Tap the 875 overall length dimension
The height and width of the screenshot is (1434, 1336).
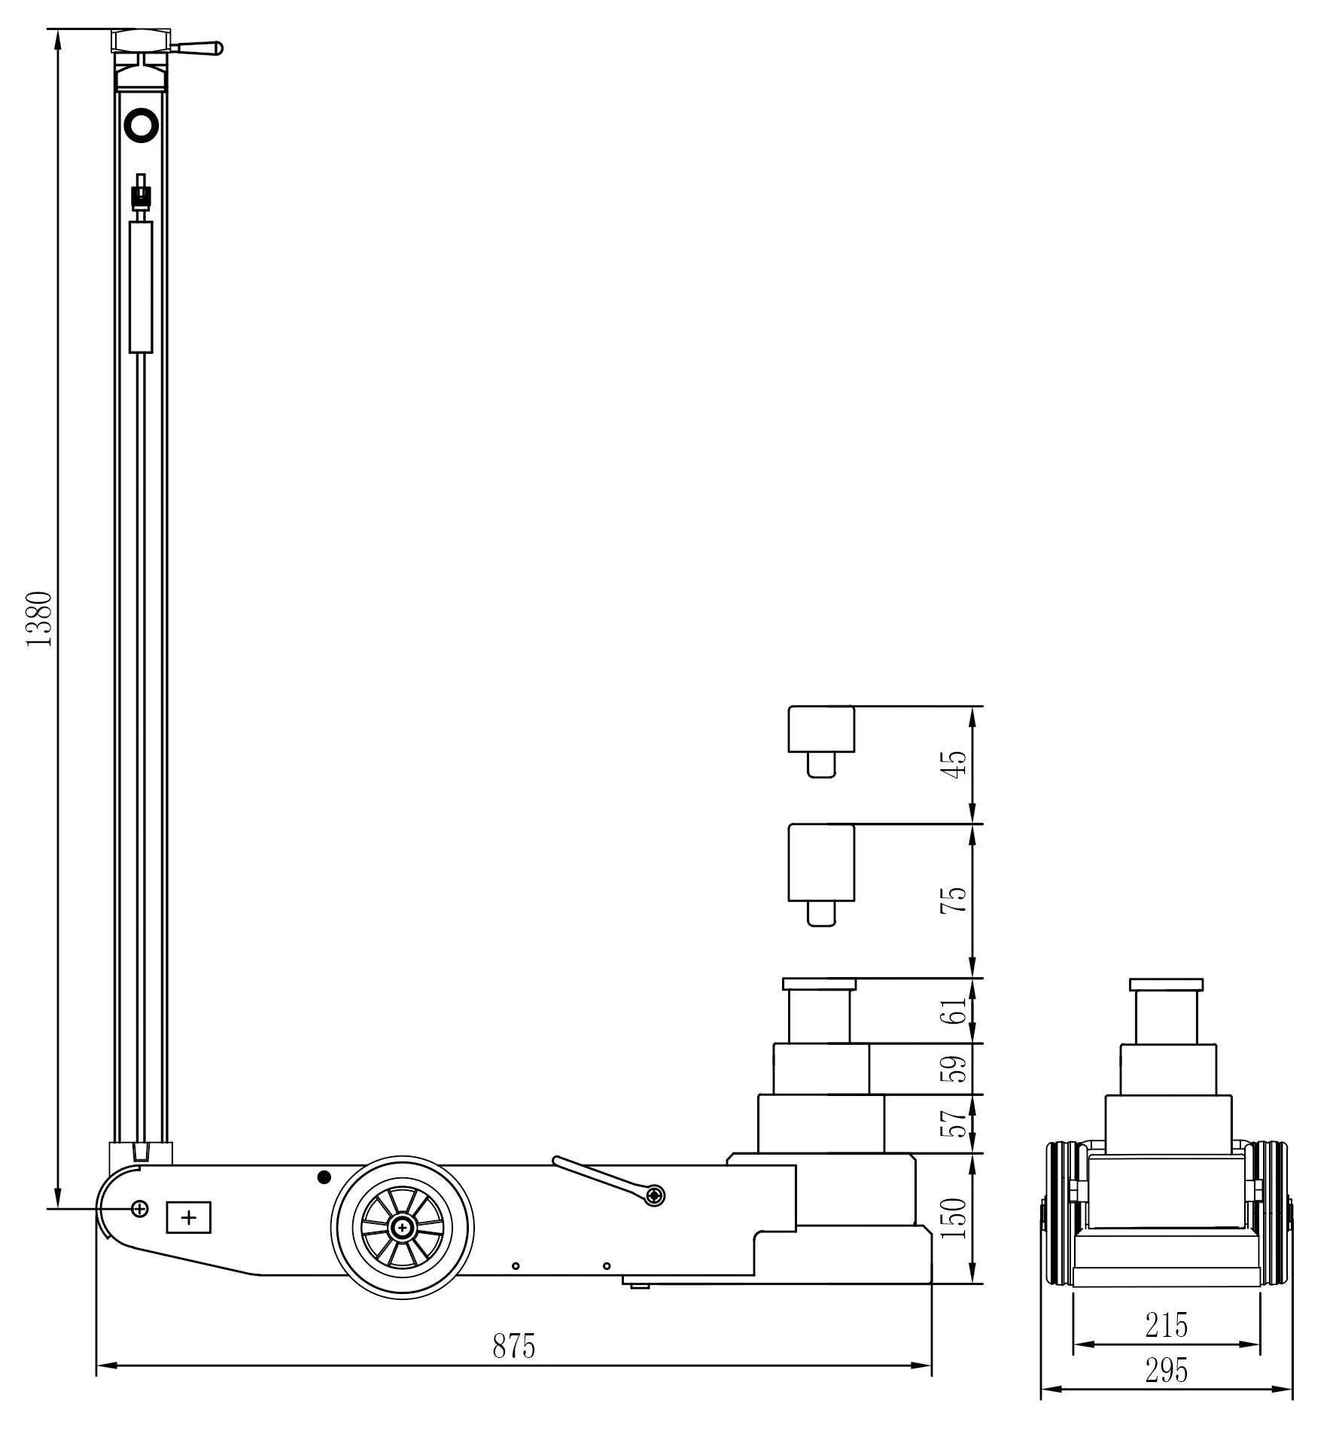[x=513, y=1346]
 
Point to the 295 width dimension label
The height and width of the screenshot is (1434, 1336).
[x=1166, y=1371]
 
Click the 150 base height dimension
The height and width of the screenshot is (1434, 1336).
[x=954, y=1218]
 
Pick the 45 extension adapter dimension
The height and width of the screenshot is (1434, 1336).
[x=954, y=765]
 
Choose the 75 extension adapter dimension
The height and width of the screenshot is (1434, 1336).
[x=954, y=900]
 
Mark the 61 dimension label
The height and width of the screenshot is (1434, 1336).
[x=954, y=1010]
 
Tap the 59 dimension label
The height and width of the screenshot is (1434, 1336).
[x=954, y=1068]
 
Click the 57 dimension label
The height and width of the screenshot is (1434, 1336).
[x=954, y=1123]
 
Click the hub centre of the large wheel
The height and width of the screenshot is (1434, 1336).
[x=403, y=1228]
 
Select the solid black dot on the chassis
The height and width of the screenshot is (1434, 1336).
[x=324, y=1177]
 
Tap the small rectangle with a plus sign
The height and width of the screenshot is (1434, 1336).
[x=188, y=1217]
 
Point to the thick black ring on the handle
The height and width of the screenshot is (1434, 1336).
[x=142, y=125]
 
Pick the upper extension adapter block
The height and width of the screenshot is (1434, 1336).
[x=820, y=729]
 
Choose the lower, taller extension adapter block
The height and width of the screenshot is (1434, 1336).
[x=820, y=863]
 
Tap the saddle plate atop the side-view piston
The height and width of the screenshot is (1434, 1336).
[x=819, y=984]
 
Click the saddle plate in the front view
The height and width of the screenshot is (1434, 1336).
[x=1166, y=985]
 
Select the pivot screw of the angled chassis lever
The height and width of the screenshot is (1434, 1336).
[x=656, y=1195]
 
